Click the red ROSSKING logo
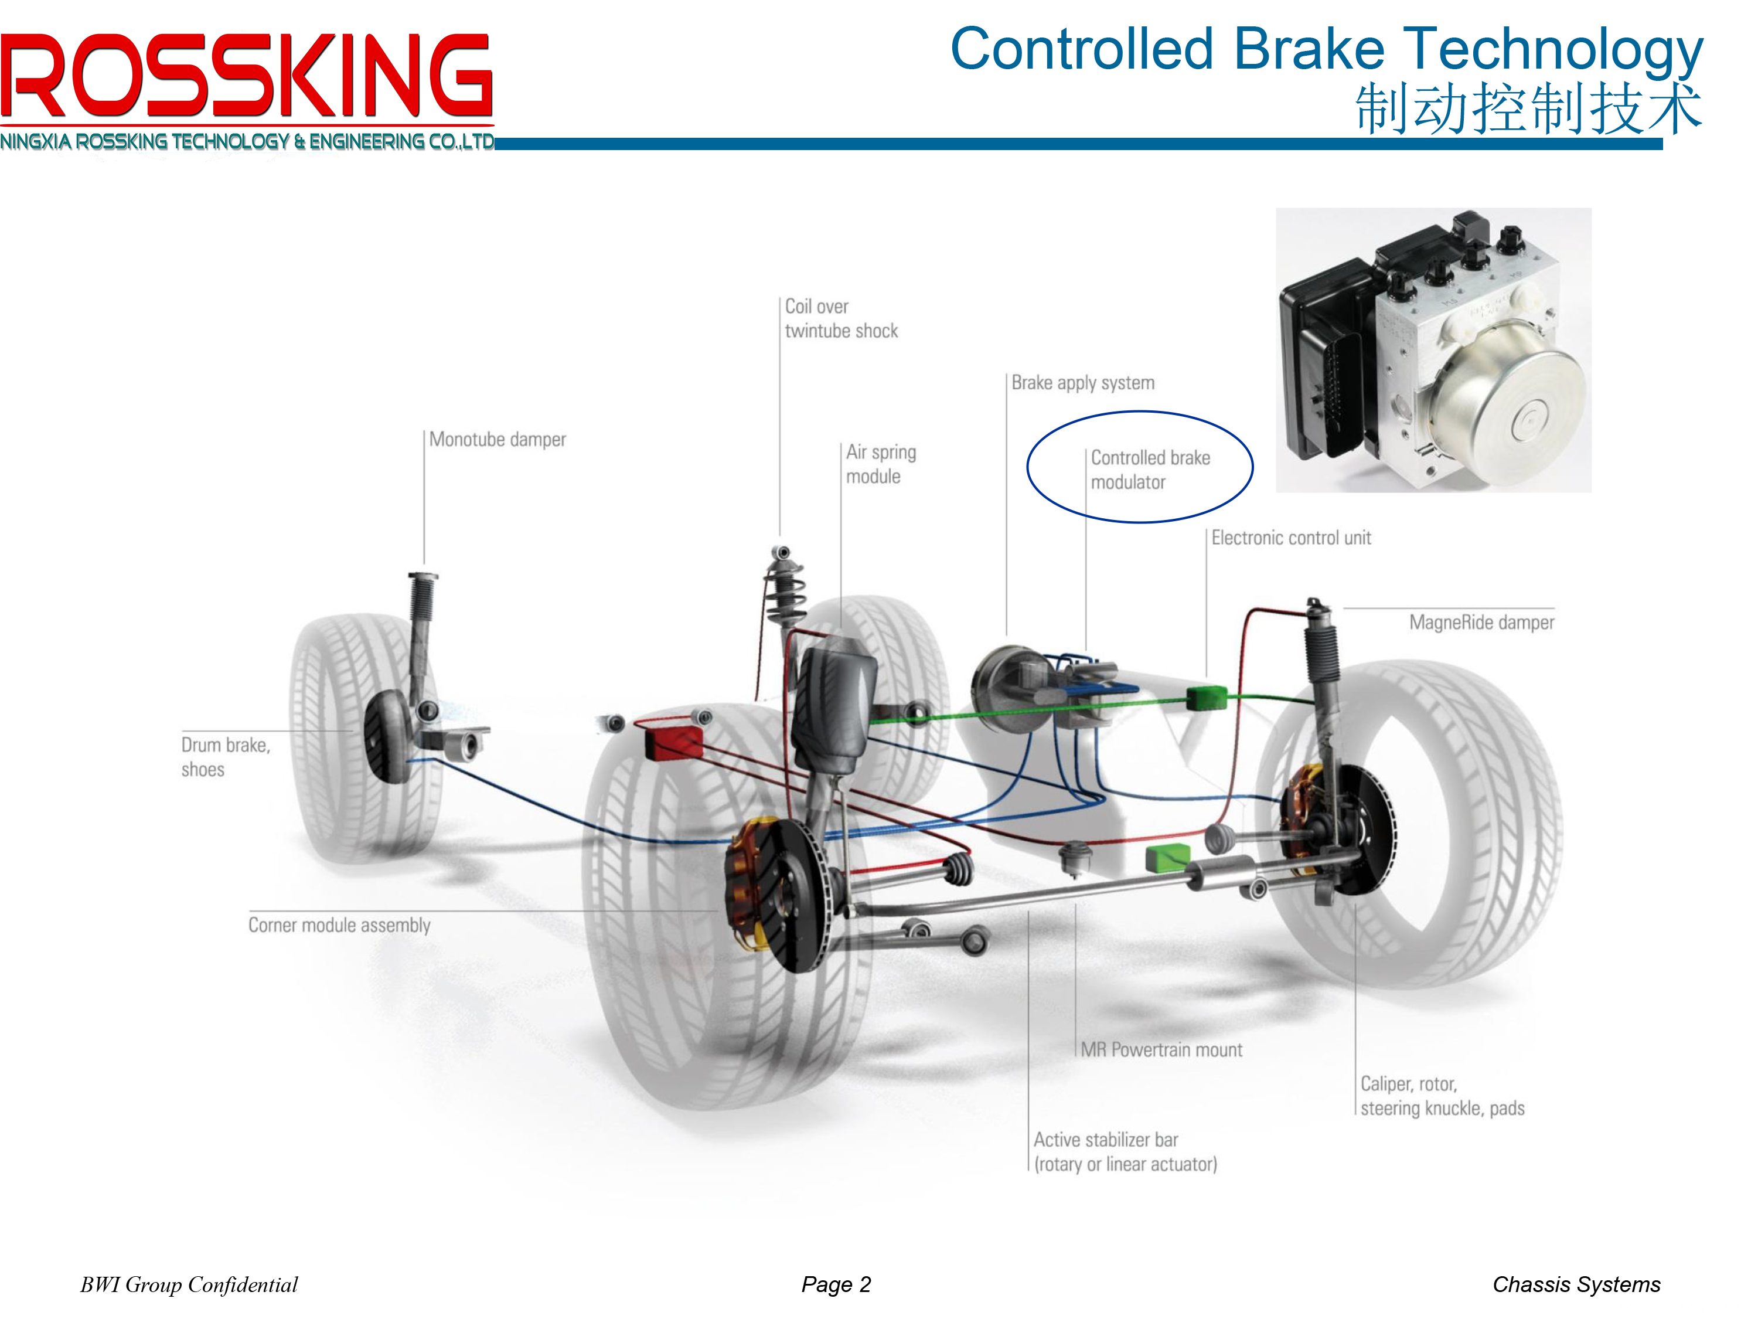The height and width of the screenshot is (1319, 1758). pos(246,76)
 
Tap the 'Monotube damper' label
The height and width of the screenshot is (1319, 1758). pos(497,440)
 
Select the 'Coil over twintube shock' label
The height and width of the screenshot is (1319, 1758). pos(840,319)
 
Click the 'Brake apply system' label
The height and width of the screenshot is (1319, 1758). pos(1082,383)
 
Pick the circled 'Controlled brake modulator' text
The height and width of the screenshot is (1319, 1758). pos(1149,470)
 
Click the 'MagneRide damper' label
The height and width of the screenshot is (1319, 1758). pos(1481,623)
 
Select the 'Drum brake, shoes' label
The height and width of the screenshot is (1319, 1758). pos(225,757)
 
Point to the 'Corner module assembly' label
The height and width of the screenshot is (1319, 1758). pos(339,926)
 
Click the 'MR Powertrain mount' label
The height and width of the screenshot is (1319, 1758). pos(1160,1051)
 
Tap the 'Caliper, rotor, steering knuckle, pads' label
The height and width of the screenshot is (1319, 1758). pos(1441,1096)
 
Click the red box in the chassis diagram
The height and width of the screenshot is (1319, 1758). pos(673,742)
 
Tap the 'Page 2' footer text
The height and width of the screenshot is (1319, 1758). pos(836,1285)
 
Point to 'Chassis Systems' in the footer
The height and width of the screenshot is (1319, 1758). pos(1575,1285)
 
